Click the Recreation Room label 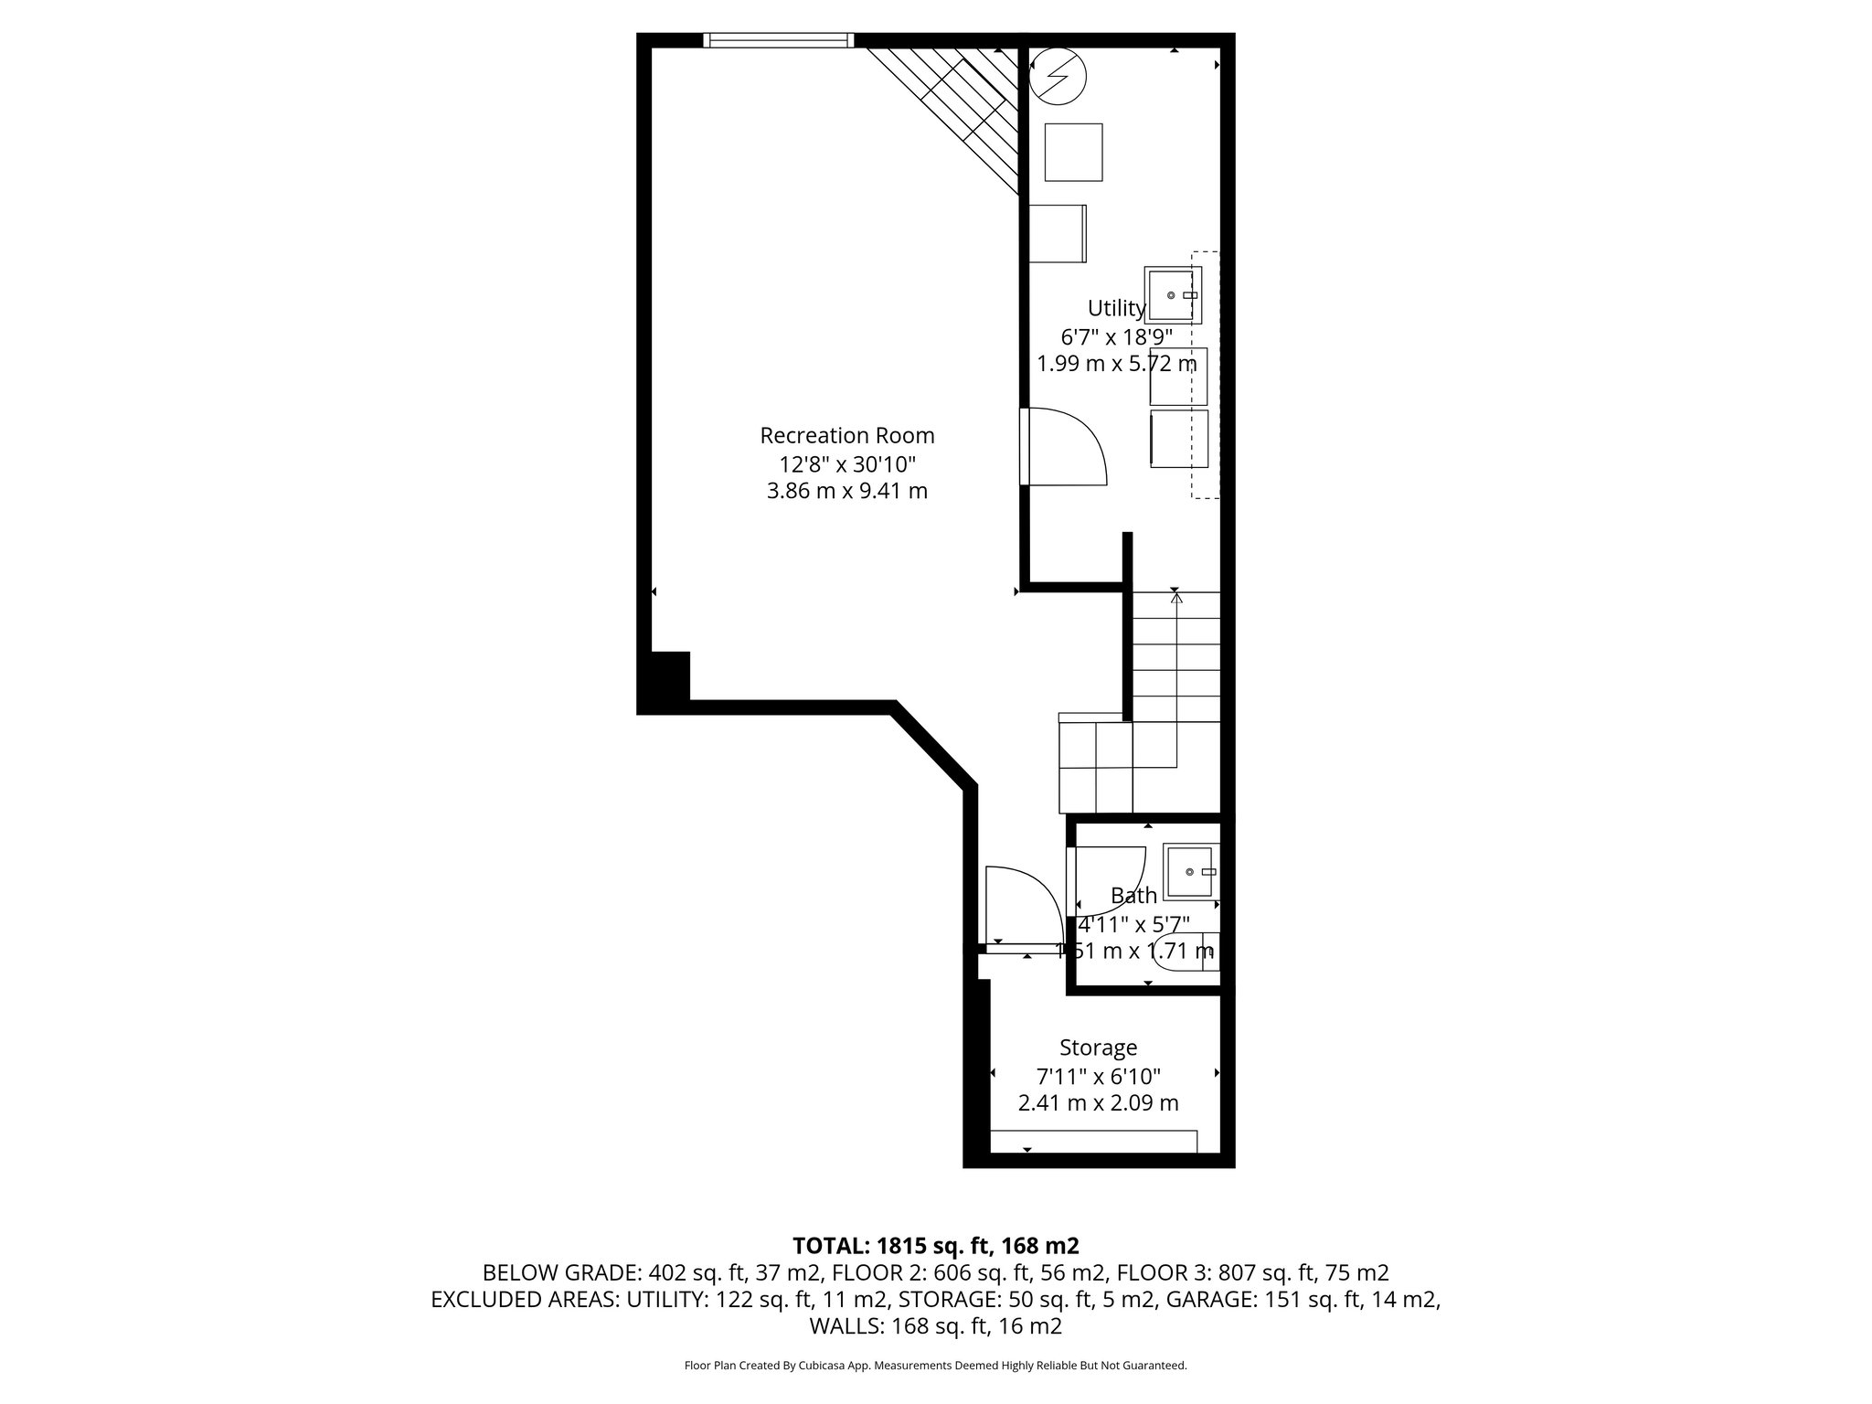(847, 435)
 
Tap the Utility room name (1116, 308)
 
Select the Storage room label (1098, 1048)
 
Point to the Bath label (1133, 896)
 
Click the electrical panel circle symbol (1058, 75)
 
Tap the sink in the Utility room (1172, 295)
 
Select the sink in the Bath (1190, 871)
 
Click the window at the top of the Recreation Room (779, 40)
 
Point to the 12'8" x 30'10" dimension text (847, 463)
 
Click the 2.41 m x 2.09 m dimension (1098, 1103)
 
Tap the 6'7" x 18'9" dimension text (1116, 336)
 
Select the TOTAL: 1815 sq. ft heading (936, 1245)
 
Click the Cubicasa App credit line (935, 1366)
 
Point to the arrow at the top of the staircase (1176, 598)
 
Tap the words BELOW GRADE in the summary (562, 1272)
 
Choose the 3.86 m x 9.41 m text (847, 492)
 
